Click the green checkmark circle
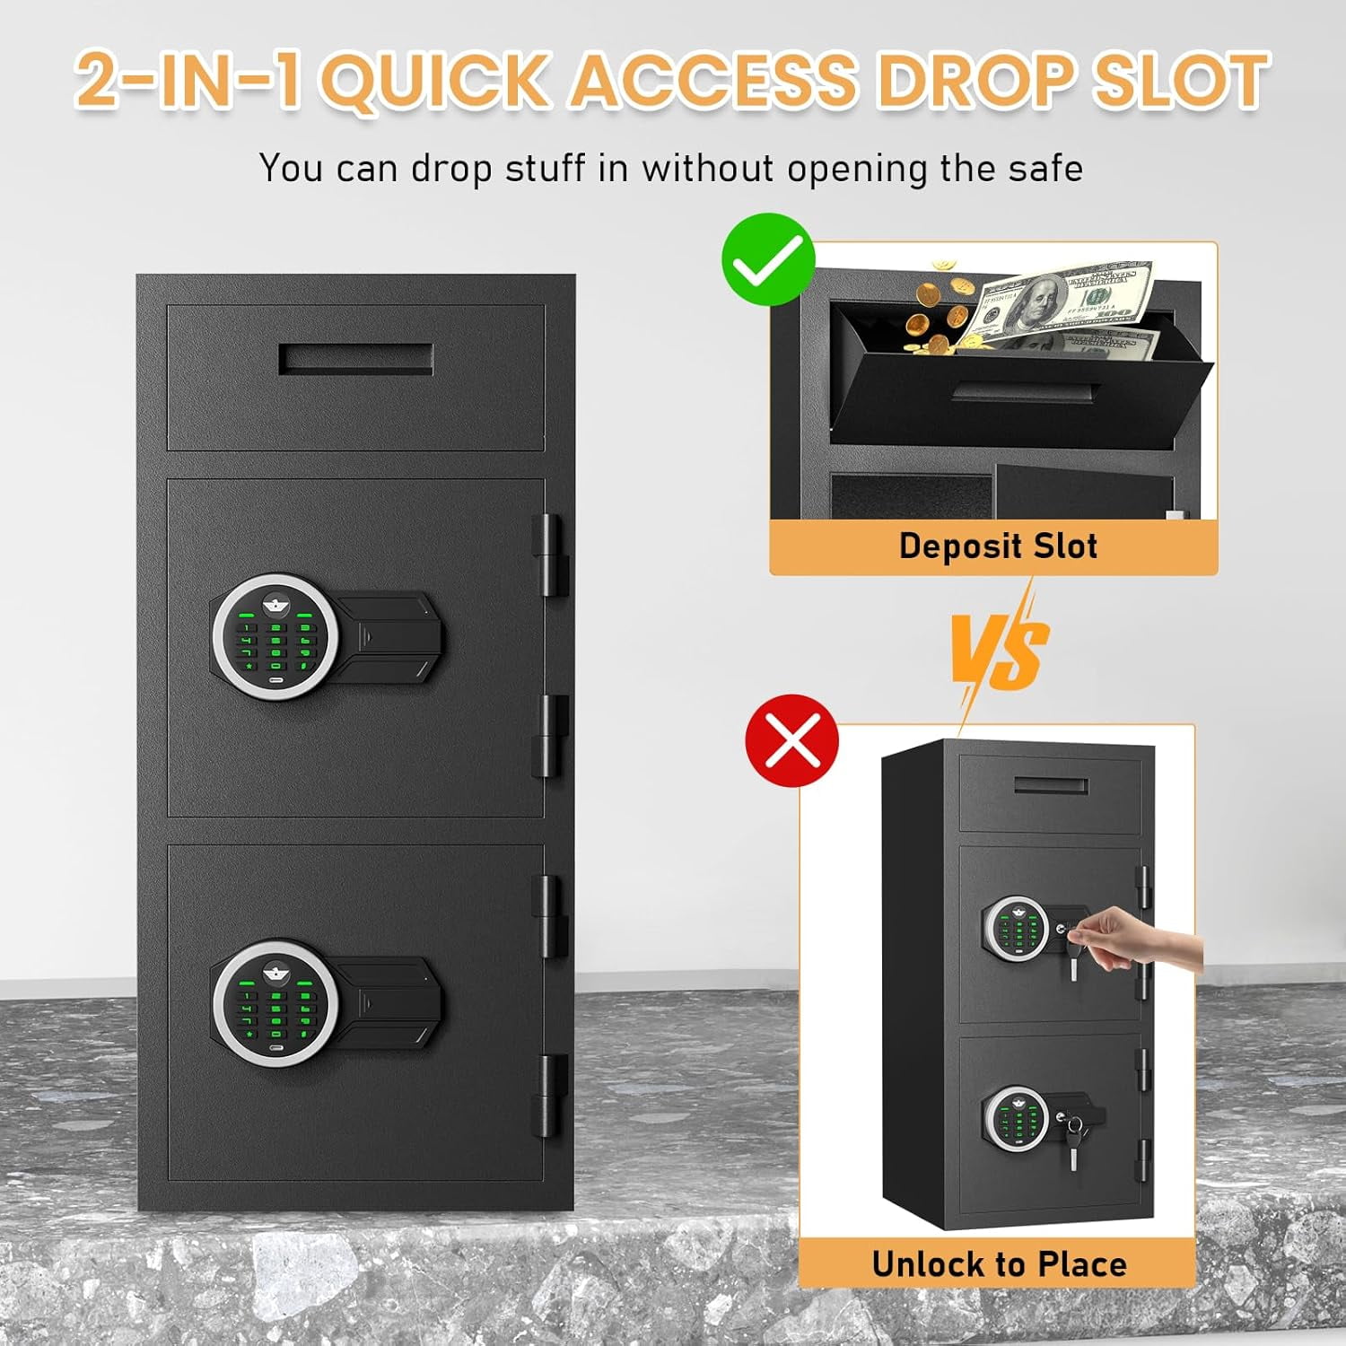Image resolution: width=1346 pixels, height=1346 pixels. coord(768,258)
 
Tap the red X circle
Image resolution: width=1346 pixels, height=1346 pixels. coord(791,740)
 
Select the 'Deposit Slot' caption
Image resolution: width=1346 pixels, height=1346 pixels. coord(998,546)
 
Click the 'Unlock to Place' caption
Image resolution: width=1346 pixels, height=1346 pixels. coord(999,1263)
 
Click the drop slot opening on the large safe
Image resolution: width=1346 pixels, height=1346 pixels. coord(356,358)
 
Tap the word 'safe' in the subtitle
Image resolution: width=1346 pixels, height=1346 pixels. coord(1045,168)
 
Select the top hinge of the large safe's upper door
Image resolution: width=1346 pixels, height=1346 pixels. coord(550,555)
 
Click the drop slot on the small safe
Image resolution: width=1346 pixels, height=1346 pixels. coord(1052,786)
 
